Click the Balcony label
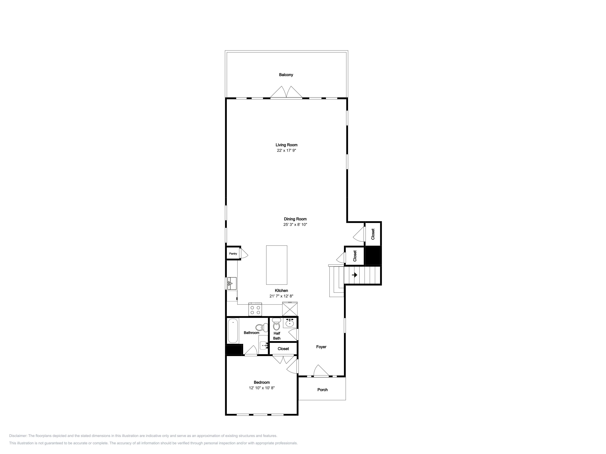286,75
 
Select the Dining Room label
295,219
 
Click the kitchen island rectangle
277,265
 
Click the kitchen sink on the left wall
232,283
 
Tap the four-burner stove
255,309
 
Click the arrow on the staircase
355,275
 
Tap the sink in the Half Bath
290,323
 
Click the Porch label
322,390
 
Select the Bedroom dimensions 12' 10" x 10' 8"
262,388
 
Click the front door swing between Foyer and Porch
321,371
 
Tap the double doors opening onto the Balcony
286,92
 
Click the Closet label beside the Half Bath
283,349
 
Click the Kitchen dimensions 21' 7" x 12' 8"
281,296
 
